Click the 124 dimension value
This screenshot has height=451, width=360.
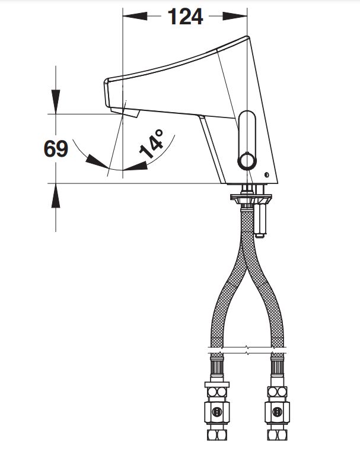click(185, 17)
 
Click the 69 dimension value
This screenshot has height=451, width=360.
click(56, 149)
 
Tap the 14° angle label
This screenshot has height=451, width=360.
click(152, 144)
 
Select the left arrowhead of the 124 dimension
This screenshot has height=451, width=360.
click(135, 16)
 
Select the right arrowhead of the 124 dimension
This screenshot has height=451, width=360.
click(235, 16)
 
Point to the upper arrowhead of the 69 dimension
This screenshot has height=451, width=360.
click(56, 102)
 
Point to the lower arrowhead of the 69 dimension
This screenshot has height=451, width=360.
click(56, 196)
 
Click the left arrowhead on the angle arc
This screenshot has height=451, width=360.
click(97, 161)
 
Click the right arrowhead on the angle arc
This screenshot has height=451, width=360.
click(135, 166)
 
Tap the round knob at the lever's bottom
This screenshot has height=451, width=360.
click(247, 161)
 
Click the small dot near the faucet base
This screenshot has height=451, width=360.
click(266, 174)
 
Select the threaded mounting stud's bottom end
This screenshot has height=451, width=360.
click(260, 235)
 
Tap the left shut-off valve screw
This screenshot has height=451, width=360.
click(216, 412)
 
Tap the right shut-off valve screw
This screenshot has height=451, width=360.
click(277, 412)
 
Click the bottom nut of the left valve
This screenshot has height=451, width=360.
click(216, 435)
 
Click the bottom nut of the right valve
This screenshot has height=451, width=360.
click(277, 435)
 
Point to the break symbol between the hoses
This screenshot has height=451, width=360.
click(247, 350)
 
